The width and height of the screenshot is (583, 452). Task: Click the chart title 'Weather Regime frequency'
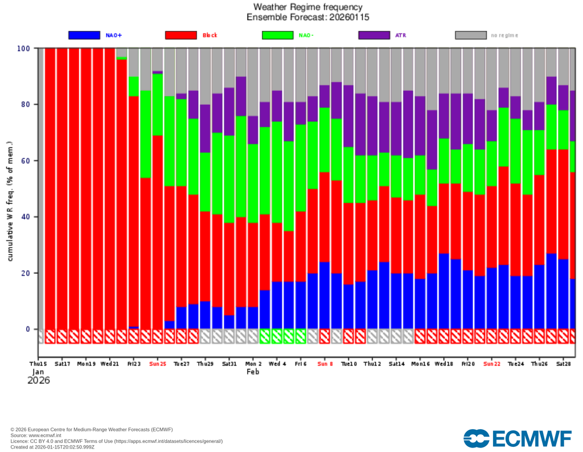tap(307, 7)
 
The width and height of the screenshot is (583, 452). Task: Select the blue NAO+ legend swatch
tap(84, 35)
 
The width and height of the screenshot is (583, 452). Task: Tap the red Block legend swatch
tap(180, 35)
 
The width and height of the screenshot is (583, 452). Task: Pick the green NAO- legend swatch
tap(277, 35)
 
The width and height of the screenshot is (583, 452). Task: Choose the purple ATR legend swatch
tap(373, 35)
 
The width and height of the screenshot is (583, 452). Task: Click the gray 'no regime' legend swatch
tap(470, 35)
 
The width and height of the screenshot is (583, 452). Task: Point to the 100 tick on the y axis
tap(23, 48)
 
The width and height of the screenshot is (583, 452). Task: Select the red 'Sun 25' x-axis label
tap(157, 363)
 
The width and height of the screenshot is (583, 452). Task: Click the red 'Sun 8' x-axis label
tap(325, 363)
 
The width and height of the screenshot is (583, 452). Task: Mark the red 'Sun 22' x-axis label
tap(492, 363)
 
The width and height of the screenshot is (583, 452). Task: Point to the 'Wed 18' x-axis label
tap(444, 363)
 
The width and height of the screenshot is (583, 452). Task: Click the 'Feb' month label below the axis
tap(253, 372)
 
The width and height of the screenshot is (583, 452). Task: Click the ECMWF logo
tap(518, 438)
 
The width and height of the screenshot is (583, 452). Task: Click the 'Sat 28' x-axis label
tap(564, 363)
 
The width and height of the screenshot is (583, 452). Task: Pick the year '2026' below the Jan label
tap(39, 380)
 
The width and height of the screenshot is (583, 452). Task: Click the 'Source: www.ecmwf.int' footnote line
tap(36, 435)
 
